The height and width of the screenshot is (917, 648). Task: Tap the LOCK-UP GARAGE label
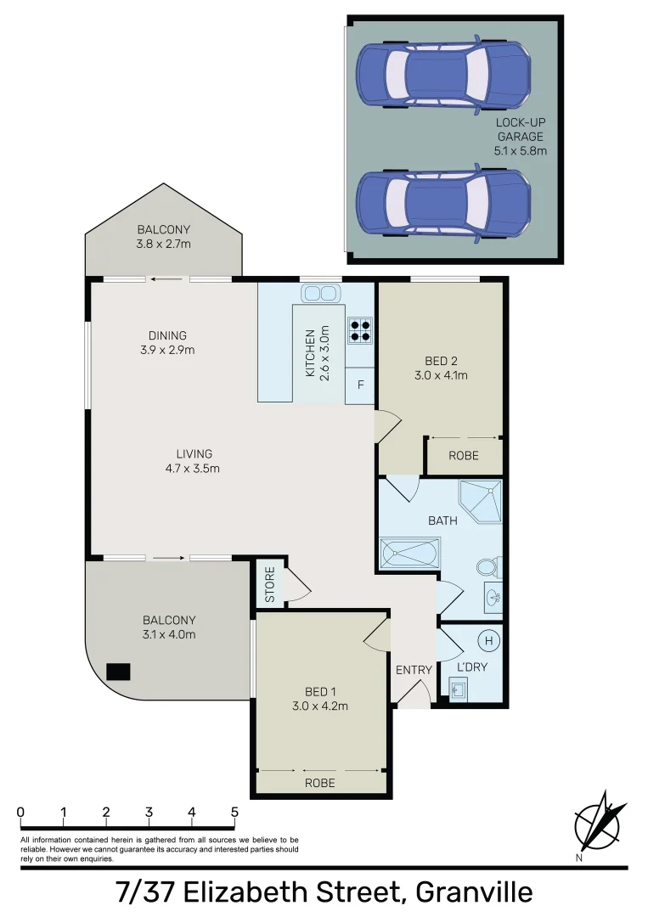[520, 137]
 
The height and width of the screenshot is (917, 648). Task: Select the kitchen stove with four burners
[359, 329]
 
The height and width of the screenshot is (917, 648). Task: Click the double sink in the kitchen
[320, 293]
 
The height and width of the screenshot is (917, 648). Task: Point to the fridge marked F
[360, 385]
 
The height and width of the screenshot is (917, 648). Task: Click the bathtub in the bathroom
[409, 554]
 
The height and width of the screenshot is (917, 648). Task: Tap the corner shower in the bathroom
[480, 502]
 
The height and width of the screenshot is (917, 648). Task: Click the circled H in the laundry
[488, 639]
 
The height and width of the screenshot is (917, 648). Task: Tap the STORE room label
[270, 585]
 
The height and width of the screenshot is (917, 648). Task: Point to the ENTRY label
[414, 670]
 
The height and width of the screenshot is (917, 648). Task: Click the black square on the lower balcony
[118, 672]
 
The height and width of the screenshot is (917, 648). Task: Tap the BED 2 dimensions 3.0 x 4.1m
[441, 375]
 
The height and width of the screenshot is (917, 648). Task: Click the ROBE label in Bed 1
[320, 783]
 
